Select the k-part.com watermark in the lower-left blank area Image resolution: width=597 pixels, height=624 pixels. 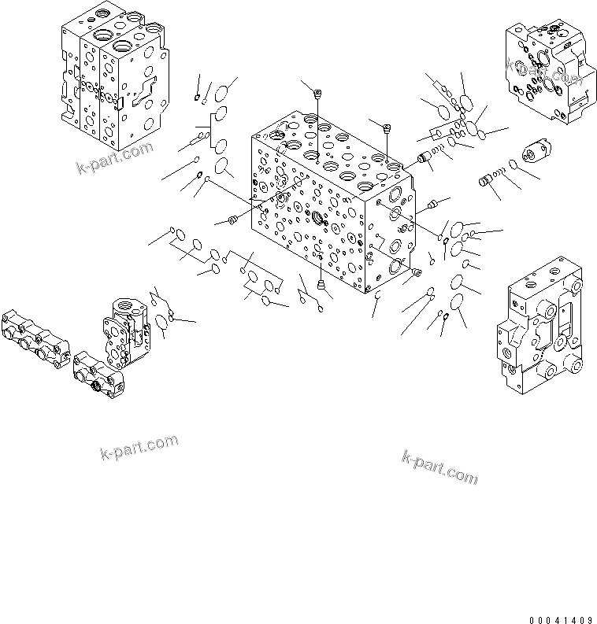[x=139, y=447]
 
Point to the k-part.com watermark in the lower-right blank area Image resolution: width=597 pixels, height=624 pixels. [x=439, y=467]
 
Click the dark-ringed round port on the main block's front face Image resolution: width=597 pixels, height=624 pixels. [x=318, y=218]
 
